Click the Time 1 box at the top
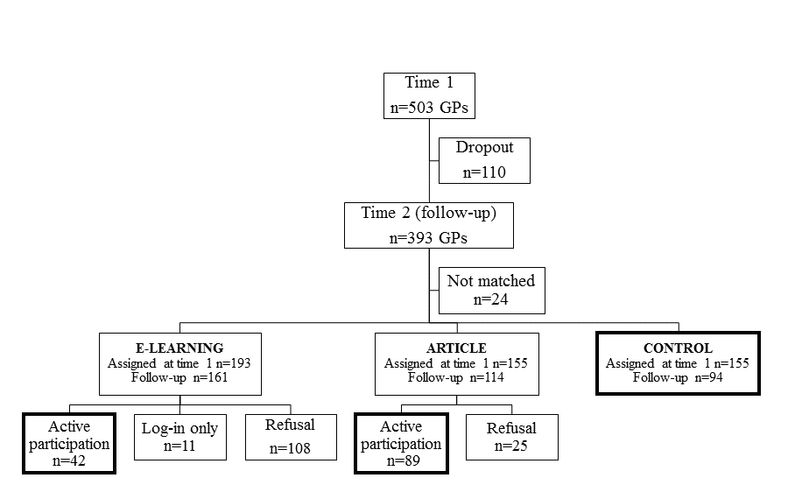pos(429,95)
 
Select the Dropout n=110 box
pos(484,159)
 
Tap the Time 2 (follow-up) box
pos(428,225)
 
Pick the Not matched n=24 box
pos(490,290)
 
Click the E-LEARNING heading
pos(179,348)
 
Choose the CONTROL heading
pos(678,348)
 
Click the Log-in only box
pos(179,437)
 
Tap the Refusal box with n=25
pos(511,437)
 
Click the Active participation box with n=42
pos(69,443)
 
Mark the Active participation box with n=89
pos(401,443)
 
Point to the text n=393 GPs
pos(428,237)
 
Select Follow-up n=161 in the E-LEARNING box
pos(179,377)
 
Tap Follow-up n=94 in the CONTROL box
pos(678,377)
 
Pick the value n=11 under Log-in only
pos(179,446)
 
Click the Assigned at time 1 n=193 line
pos(179,362)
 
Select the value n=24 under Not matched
pos(490,299)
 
